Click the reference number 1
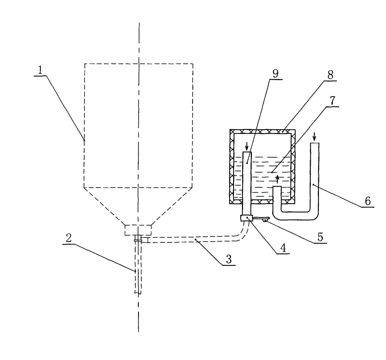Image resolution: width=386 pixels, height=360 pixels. pyautogui.click(x=40, y=70)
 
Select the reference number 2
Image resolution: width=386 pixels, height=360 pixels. pyautogui.click(x=69, y=238)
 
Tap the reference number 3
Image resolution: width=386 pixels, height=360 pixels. pyautogui.click(x=229, y=259)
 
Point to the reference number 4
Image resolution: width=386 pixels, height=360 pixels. pyautogui.click(x=283, y=248)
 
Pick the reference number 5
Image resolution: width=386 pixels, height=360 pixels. pyautogui.click(x=320, y=237)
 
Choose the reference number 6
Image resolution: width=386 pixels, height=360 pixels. pyautogui.click(x=368, y=201)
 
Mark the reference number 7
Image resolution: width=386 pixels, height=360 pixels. pyautogui.click(x=332, y=100)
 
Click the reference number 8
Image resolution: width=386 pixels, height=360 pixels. pyautogui.click(x=331, y=75)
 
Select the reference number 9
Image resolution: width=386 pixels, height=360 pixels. pyautogui.click(x=276, y=73)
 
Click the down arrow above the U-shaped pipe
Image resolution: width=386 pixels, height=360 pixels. pyautogui.click(x=314, y=136)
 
